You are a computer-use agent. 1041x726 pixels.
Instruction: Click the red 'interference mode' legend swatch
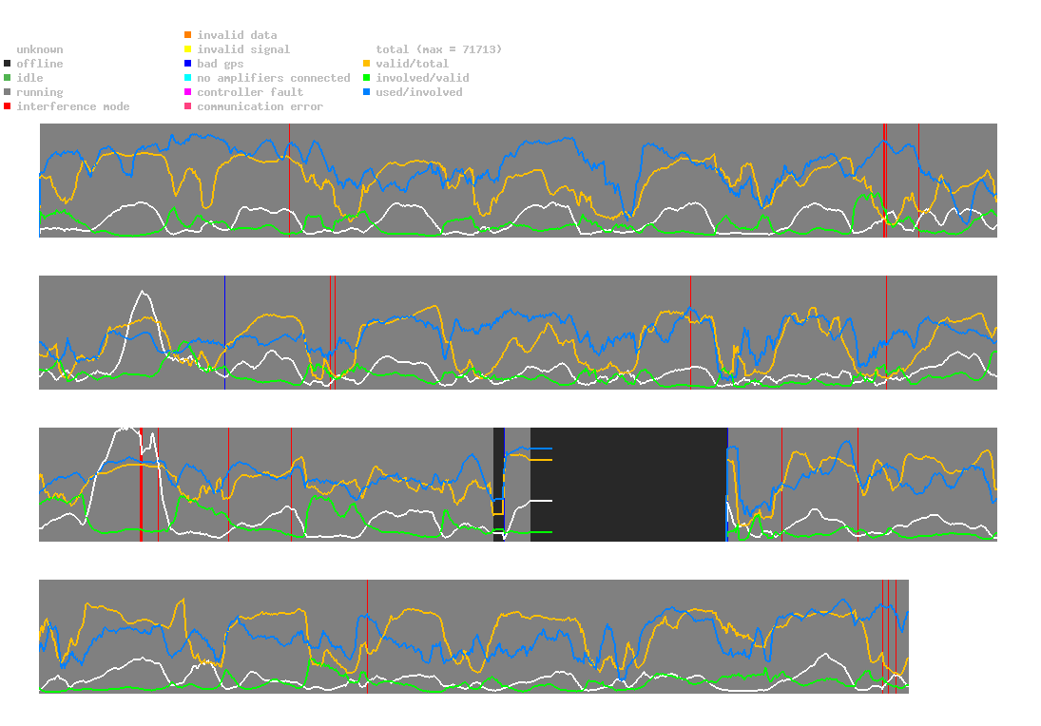(x=7, y=106)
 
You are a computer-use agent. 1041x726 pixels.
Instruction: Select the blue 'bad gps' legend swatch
(x=188, y=64)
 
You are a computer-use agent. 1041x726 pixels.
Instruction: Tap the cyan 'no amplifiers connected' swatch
(x=188, y=78)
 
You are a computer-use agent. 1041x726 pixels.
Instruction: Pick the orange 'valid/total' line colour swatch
(x=366, y=64)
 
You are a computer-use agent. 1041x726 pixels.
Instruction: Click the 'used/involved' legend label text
(x=419, y=92)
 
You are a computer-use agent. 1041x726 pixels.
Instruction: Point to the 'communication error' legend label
(x=260, y=106)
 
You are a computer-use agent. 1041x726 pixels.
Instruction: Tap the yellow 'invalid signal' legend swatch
(x=188, y=49)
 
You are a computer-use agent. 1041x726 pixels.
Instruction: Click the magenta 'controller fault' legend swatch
(x=188, y=92)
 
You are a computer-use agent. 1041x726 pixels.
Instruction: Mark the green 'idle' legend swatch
(x=7, y=78)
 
